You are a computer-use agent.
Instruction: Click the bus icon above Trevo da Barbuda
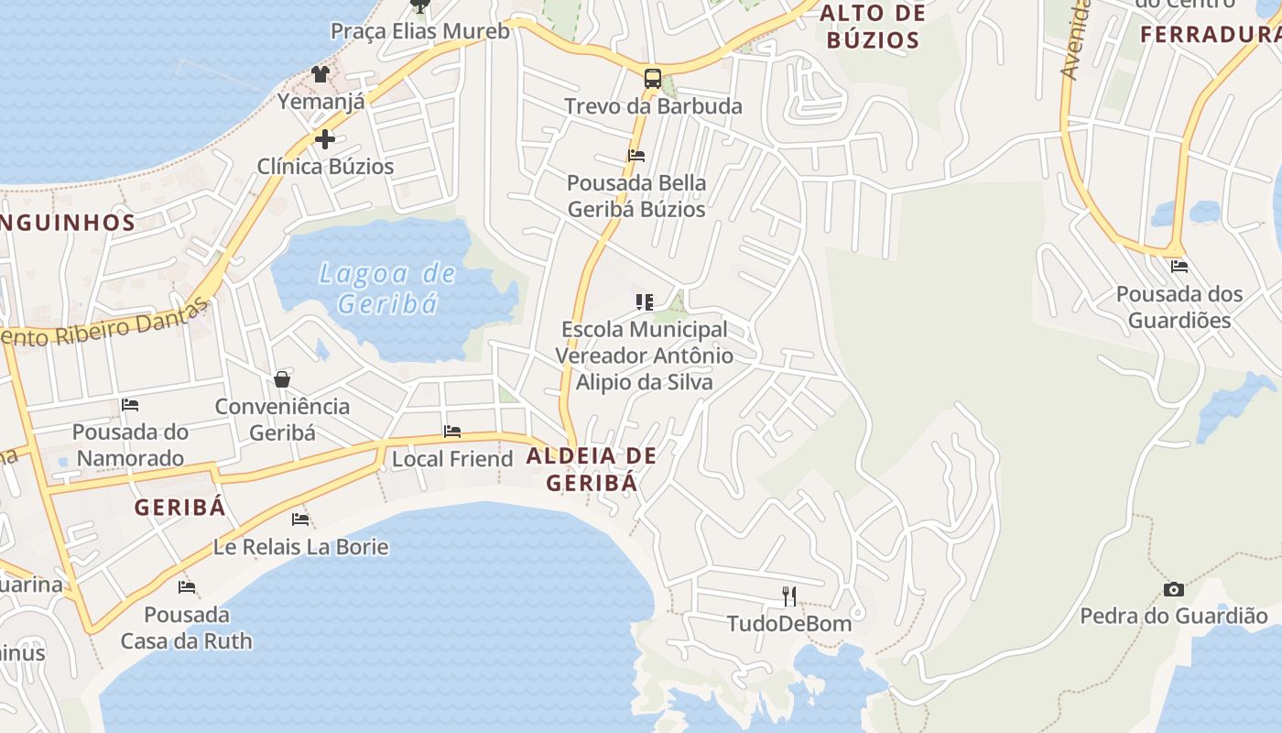pos(652,79)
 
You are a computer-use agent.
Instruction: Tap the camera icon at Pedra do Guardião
pos(1173,589)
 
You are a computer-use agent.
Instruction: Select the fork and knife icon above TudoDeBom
pos(789,596)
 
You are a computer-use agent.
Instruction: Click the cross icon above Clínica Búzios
pos(325,139)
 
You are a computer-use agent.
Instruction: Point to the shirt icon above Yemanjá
pos(320,74)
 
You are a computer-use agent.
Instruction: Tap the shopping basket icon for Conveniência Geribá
pos(282,379)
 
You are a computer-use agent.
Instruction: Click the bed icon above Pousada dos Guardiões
pos(1179,267)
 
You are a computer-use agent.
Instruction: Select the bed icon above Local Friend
pos(451,432)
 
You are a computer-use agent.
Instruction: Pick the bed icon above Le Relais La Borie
pos(300,520)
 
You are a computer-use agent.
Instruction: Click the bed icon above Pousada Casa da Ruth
pos(187,586)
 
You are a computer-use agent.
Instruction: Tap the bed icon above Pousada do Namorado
pos(130,404)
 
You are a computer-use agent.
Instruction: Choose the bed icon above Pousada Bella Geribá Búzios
pos(636,156)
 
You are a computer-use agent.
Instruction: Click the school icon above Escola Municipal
pos(645,301)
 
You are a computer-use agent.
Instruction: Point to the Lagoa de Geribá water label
pos(387,287)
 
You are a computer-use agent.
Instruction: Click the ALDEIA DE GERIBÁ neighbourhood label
pos(592,468)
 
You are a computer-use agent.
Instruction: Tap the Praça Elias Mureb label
pos(419,31)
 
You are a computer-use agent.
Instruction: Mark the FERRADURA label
pos(1210,35)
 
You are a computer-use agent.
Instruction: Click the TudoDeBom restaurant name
pos(788,624)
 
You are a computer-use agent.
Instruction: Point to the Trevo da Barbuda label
pos(653,106)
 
